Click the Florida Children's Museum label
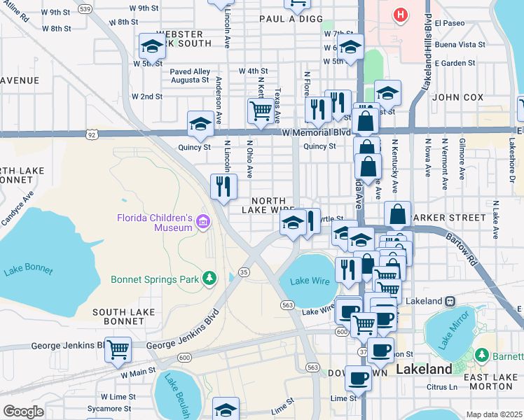point(154,222)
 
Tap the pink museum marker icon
point(203,222)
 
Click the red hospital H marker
point(400,14)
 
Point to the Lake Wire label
point(308,281)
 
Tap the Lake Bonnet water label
point(25,271)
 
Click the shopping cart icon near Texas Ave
point(261,109)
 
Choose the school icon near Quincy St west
point(200,124)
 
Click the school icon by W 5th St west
point(153,46)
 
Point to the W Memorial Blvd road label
point(316,132)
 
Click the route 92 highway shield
point(92,132)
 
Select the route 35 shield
point(244,272)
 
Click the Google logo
point(23,412)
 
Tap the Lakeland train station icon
point(450,301)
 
